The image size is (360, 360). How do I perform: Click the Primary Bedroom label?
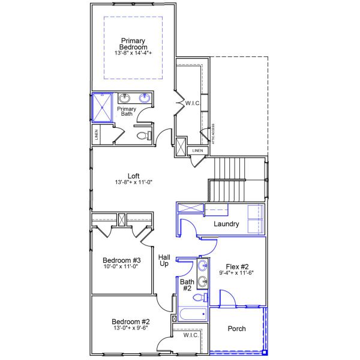coord(133,44)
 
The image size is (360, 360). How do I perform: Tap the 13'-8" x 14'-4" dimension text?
coord(133,53)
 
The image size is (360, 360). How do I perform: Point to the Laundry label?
coord(227,224)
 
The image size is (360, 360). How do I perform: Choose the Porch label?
coord(236,329)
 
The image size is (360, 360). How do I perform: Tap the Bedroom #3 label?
coord(122,260)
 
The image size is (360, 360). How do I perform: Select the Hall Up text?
coord(164,260)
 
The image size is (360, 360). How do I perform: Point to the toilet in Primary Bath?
coord(142,136)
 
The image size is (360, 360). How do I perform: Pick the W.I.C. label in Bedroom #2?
coord(190,335)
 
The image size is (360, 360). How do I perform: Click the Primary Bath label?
coord(126,112)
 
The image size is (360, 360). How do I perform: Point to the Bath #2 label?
coord(186,284)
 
